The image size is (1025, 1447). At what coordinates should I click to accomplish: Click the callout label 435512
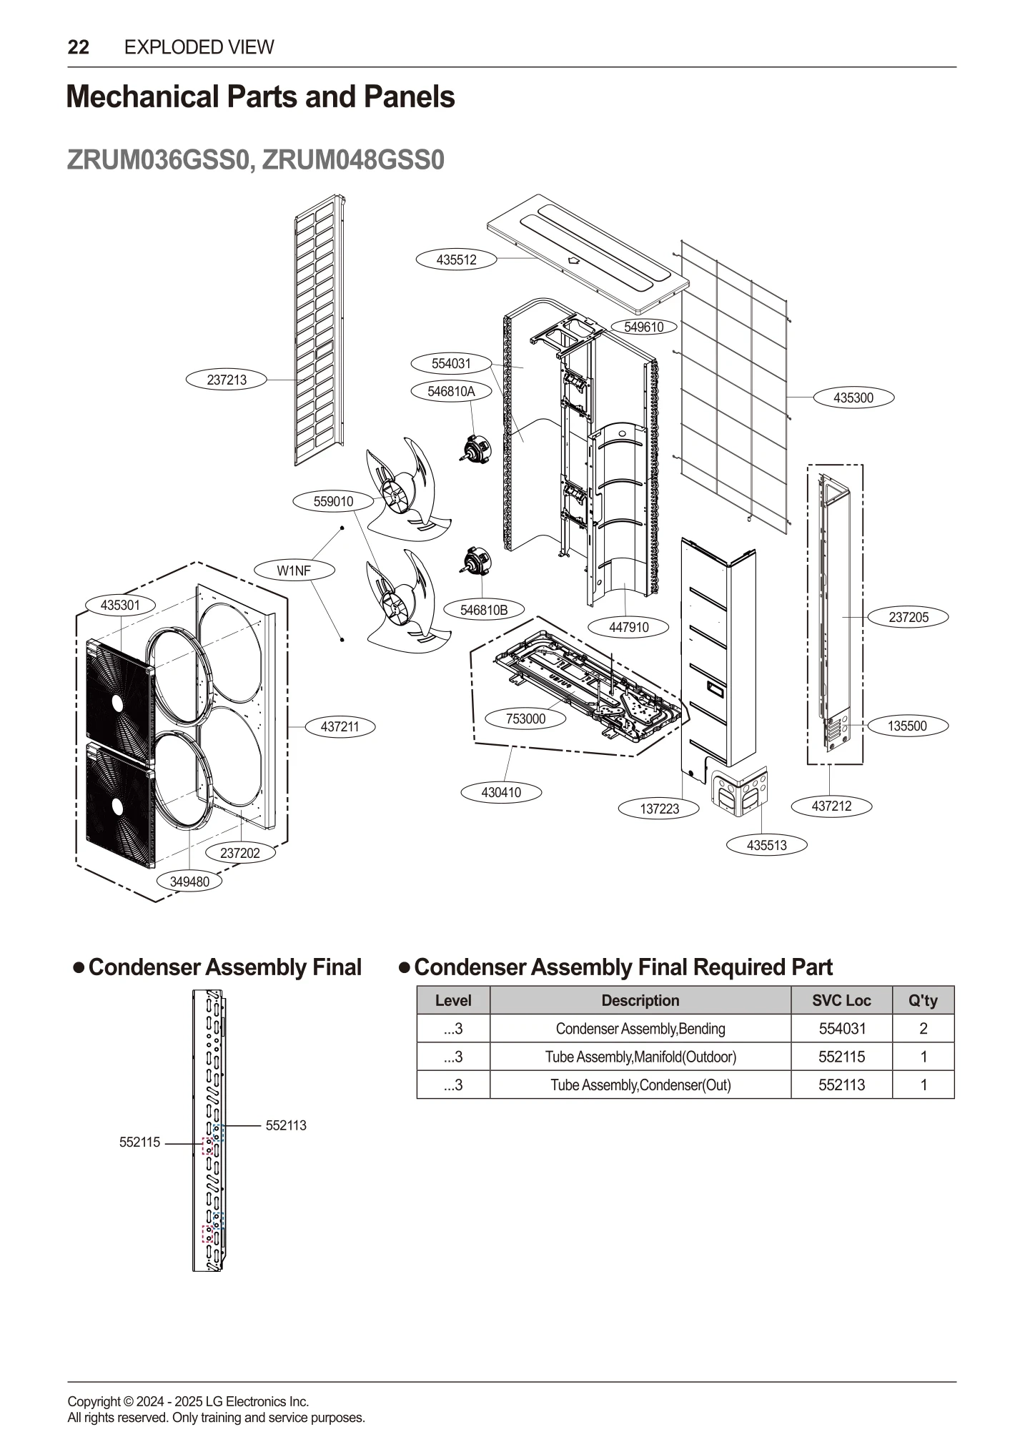(456, 260)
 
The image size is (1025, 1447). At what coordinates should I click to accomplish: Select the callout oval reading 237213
(227, 380)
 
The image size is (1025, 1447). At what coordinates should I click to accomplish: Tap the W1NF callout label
(294, 571)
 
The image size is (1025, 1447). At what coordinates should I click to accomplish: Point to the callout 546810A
(451, 391)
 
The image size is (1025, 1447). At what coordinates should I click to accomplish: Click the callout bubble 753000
(525, 718)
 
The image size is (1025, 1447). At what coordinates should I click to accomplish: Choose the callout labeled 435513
(766, 845)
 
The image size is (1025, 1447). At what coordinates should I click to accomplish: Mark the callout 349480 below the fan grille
(189, 881)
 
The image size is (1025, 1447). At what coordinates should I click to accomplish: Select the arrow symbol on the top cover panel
(573, 260)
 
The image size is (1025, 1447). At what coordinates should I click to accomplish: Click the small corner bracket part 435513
(741, 791)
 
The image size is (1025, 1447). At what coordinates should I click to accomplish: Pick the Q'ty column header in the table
(922, 1000)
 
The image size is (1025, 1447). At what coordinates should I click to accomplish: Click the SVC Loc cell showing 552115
(841, 1057)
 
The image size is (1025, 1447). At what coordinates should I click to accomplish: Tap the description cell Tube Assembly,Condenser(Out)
(640, 1085)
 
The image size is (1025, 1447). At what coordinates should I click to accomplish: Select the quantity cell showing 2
(923, 1029)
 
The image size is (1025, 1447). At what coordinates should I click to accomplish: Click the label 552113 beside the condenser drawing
(286, 1125)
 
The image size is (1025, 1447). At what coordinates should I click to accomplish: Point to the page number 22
(79, 47)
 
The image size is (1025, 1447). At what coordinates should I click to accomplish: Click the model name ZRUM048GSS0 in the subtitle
(353, 159)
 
